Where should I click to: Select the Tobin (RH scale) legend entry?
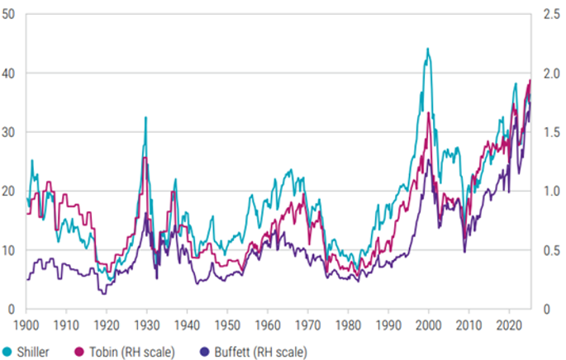tap(136, 352)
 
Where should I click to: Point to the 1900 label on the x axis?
tap(27, 326)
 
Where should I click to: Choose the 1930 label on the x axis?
tap(146, 326)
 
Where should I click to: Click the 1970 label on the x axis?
tap(307, 326)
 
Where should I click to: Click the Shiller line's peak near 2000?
tap(427, 49)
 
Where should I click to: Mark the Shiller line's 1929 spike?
tap(146, 117)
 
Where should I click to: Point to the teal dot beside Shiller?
tap(8, 352)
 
